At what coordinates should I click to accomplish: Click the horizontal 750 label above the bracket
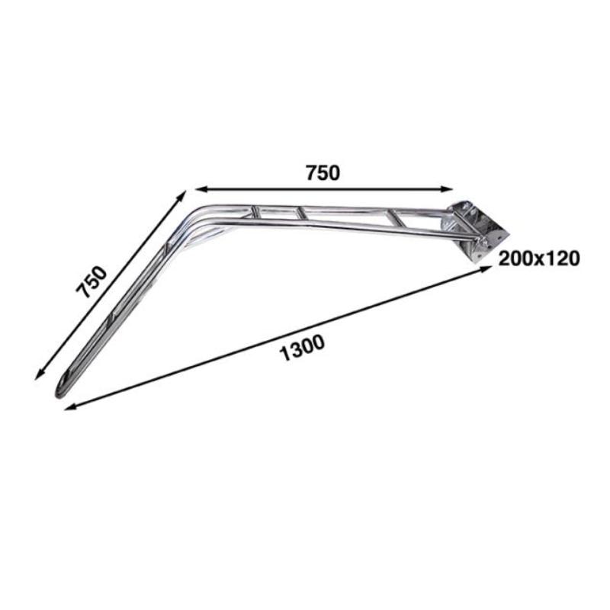point(322,172)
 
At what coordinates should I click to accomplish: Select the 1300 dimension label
point(303,345)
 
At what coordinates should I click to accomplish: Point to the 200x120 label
point(539,258)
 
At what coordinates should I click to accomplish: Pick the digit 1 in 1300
point(285,349)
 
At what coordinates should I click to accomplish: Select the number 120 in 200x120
point(563,258)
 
